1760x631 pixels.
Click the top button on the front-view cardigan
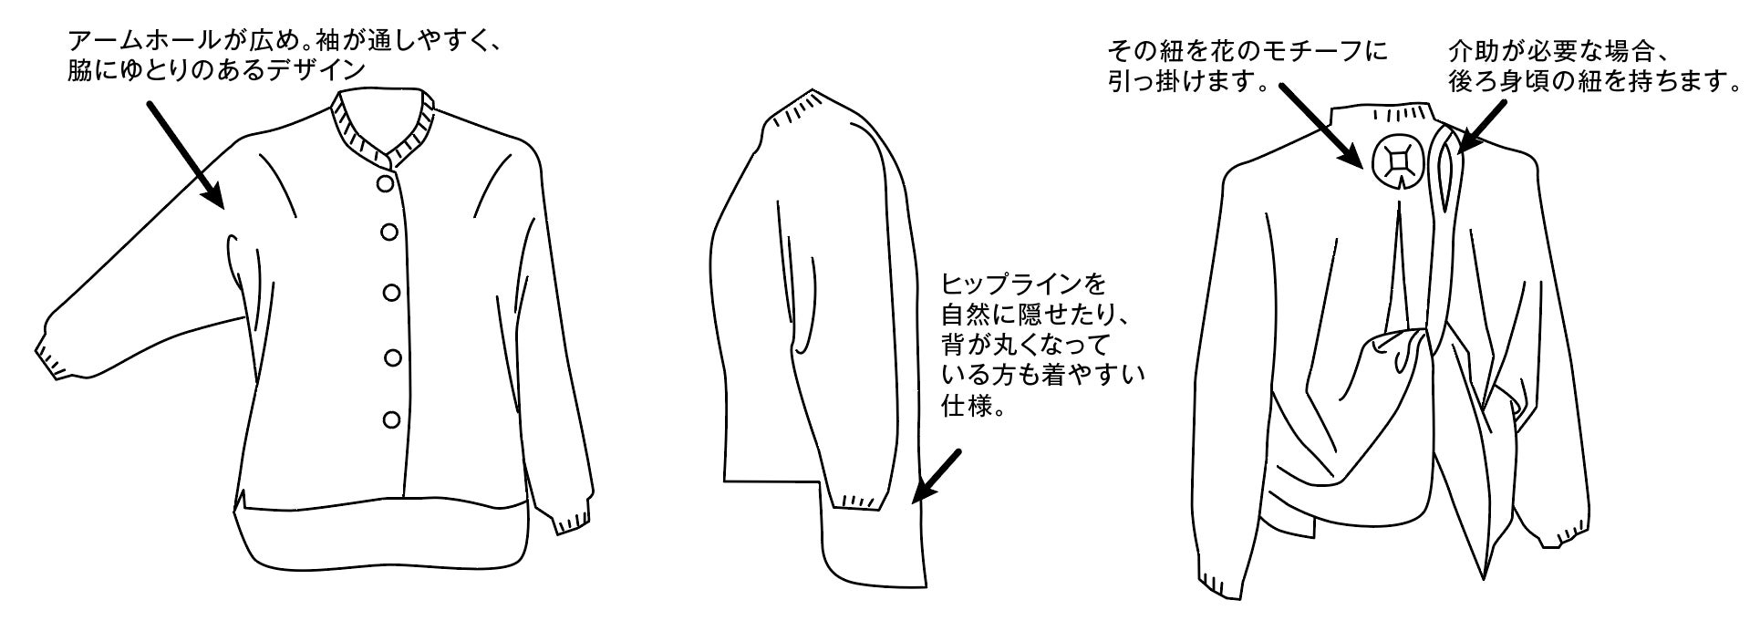pos(388,183)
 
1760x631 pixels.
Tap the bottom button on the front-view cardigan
pos(392,419)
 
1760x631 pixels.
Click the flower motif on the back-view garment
pos(1396,162)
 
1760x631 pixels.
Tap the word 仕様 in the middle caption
pos(966,404)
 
